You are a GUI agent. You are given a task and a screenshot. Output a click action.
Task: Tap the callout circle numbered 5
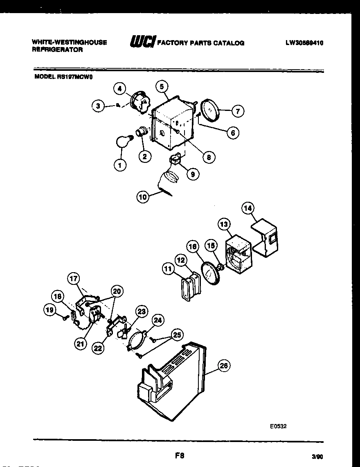[162, 86]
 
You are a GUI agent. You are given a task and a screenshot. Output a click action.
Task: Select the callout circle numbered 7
[238, 111]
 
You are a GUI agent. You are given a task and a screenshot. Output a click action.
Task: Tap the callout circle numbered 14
[248, 208]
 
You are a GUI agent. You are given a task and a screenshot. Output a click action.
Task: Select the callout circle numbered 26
[224, 366]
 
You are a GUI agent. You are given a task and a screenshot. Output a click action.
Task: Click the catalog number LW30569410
[304, 43]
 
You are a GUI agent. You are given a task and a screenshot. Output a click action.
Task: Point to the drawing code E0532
[278, 426]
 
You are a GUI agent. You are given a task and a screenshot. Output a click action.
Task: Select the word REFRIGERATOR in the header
[57, 50]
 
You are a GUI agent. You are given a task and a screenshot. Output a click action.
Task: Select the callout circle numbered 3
[98, 106]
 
